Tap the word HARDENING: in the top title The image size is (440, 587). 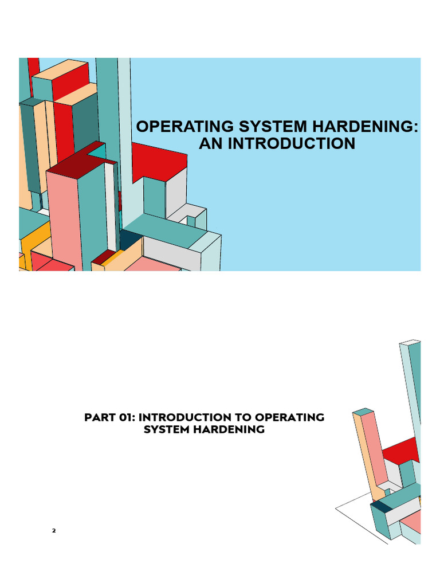point(365,127)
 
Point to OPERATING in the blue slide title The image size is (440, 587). point(185,127)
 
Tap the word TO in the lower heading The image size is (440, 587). point(243,417)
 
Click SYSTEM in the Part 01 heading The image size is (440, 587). point(167,429)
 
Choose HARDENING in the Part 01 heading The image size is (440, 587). point(229,429)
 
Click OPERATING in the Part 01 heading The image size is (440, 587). point(289,417)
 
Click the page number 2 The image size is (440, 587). point(54,530)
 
